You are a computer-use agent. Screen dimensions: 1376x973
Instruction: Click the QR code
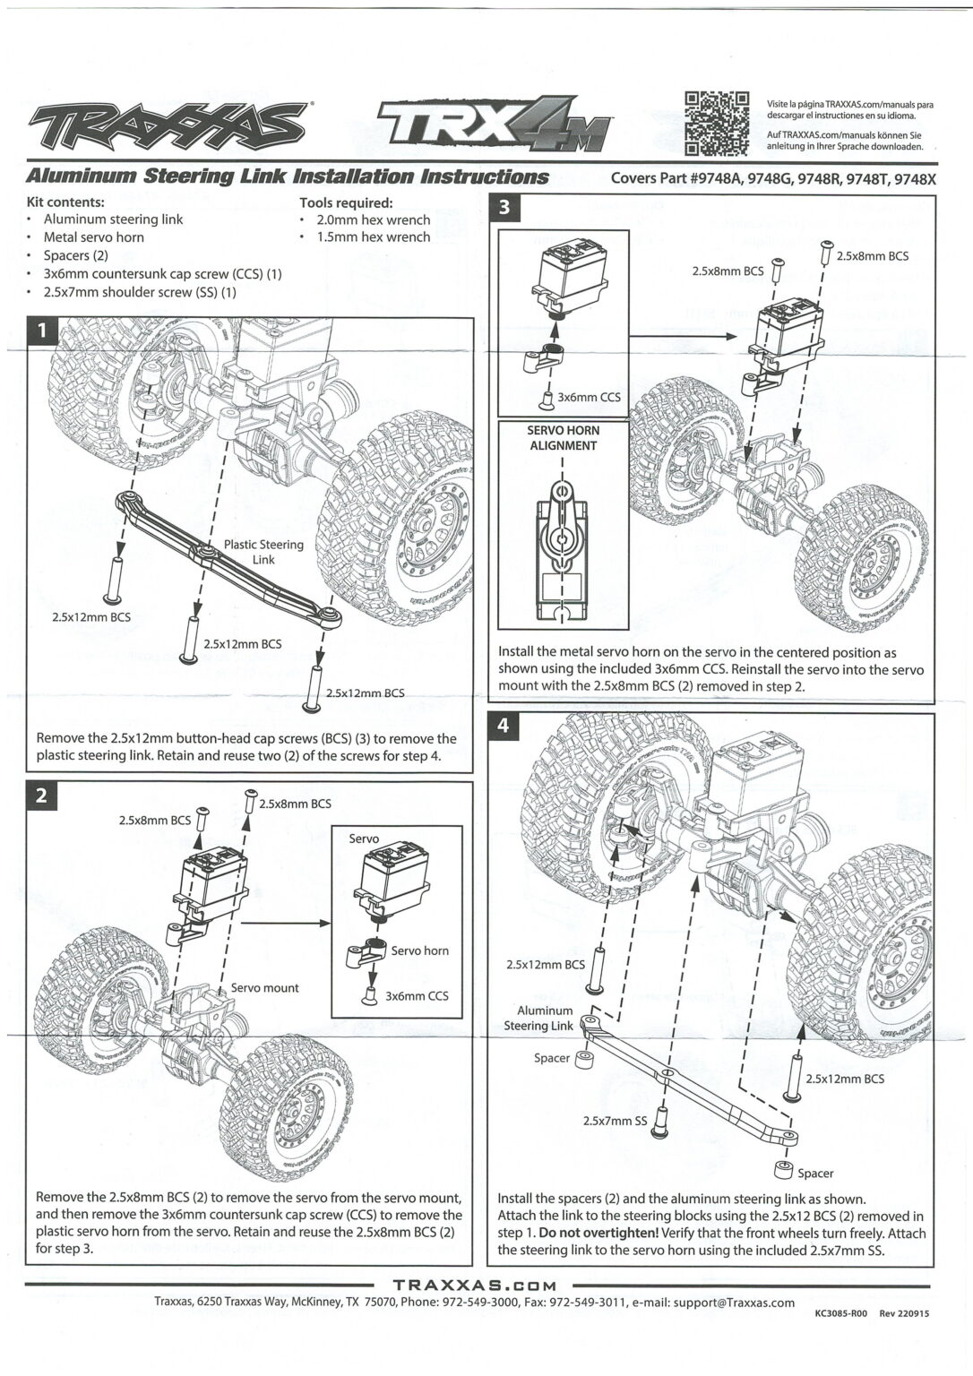[x=716, y=123]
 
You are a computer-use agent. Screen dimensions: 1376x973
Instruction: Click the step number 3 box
[x=504, y=209]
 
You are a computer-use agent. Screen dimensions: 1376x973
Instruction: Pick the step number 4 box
[x=504, y=726]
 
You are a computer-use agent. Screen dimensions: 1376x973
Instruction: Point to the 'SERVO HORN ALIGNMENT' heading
[x=563, y=437]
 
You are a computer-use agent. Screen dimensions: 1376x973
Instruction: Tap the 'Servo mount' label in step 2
[x=264, y=987]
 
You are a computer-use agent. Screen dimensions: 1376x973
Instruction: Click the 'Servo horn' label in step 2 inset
[x=419, y=950]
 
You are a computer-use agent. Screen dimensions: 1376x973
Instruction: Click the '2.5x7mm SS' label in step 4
[x=615, y=1120]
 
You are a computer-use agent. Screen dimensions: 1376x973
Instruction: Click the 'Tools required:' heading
[x=346, y=202]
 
